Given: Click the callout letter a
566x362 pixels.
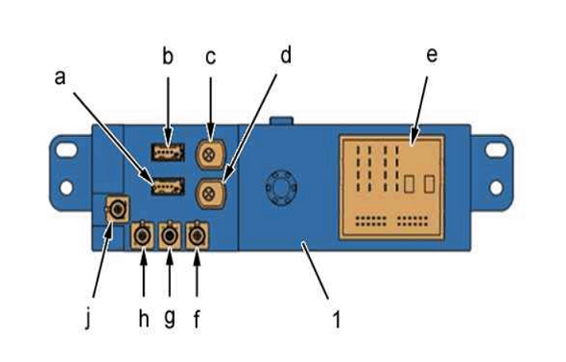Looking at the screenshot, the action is pos(60,78).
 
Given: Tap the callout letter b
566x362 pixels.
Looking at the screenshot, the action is pos(168,56).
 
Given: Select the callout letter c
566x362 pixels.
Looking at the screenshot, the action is pos(210,57).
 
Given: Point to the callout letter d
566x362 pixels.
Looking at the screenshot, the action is pos(286,56).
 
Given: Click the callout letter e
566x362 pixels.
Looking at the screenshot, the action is pos(432,55).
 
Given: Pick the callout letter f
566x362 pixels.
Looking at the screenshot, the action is pos(197,319).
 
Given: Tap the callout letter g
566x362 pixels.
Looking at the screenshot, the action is pos(170,318).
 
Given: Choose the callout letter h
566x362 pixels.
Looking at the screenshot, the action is pos(144,318).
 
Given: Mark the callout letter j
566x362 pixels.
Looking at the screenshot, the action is pos(88,319).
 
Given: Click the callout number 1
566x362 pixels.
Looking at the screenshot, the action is pos(337,319).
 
